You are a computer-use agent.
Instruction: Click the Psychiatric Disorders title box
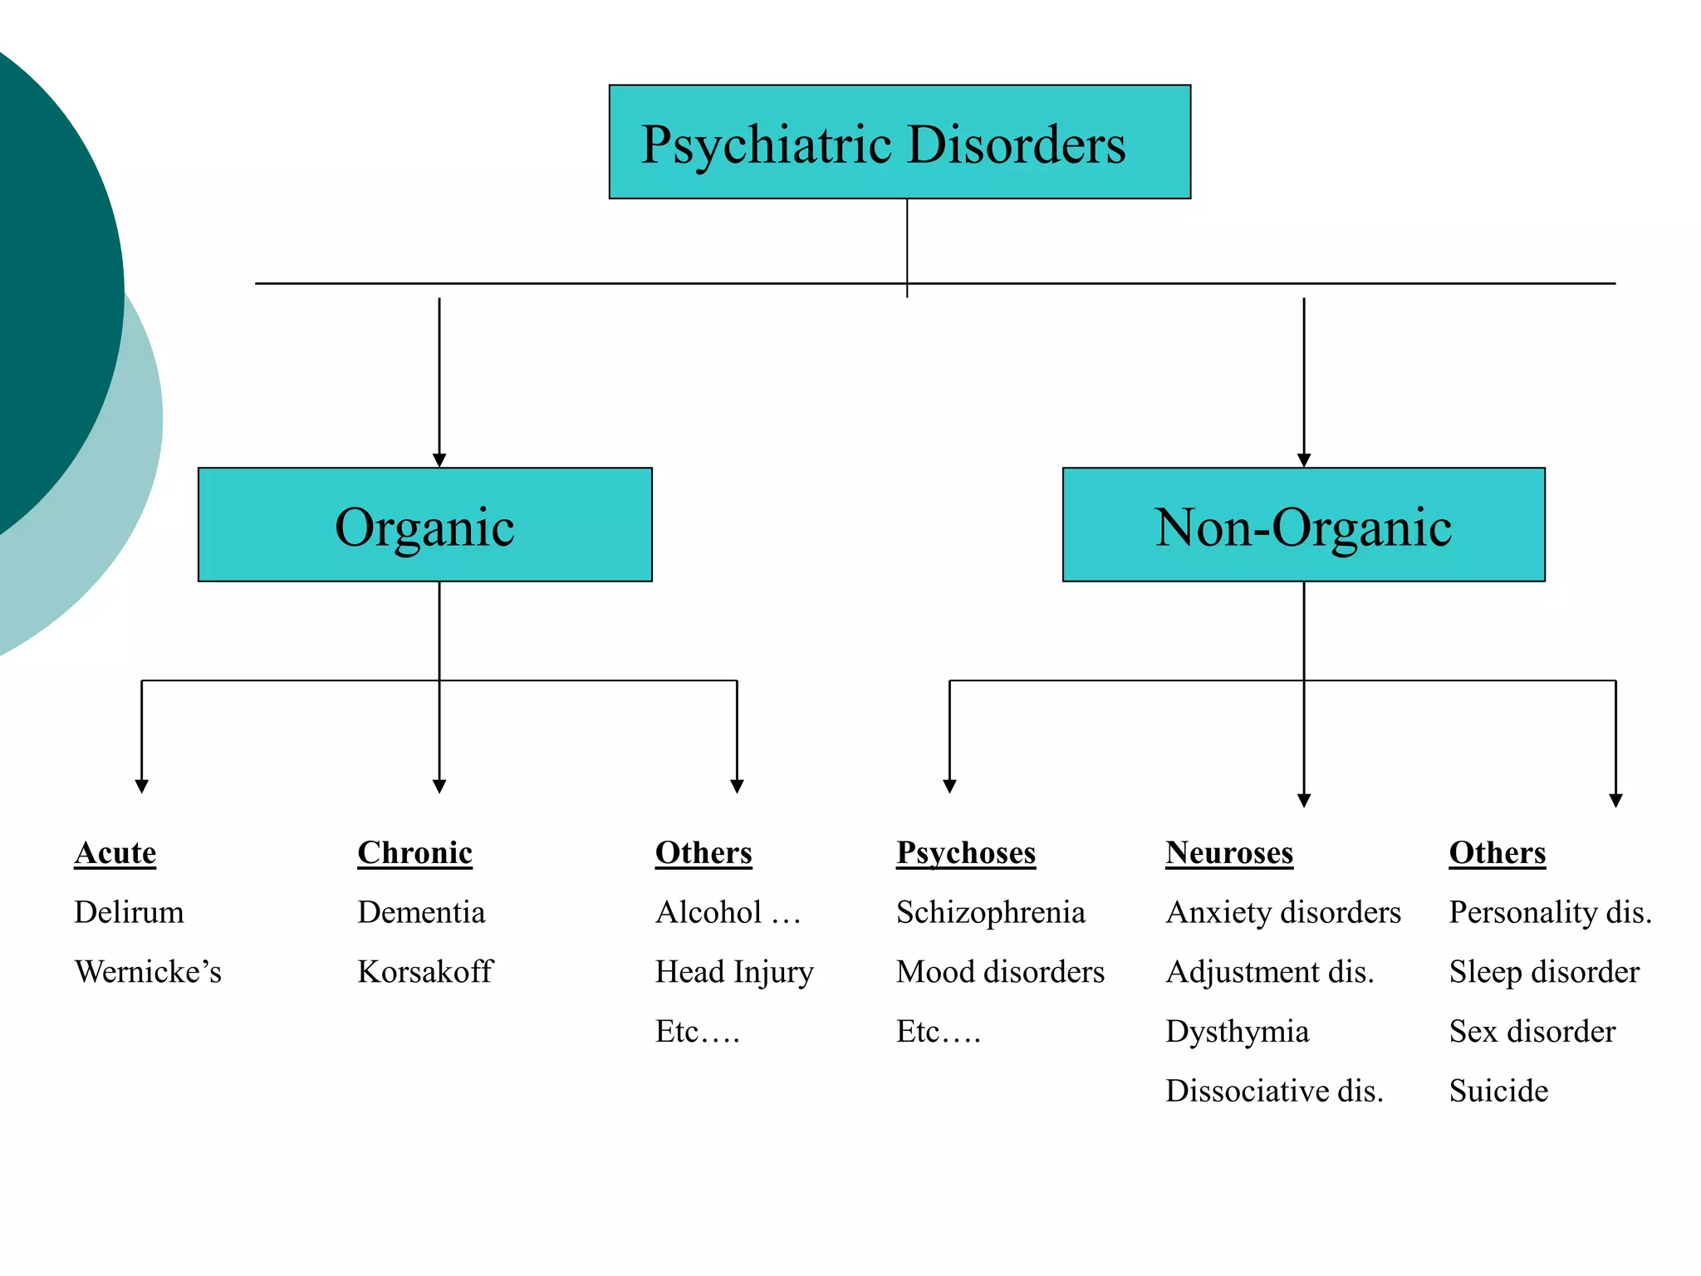click(x=900, y=142)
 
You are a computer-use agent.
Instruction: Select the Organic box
click(x=424, y=525)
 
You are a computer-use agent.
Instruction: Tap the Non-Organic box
click(x=1303, y=525)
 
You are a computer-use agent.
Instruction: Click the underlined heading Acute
click(x=115, y=853)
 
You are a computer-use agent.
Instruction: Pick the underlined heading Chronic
click(x=414, y=853)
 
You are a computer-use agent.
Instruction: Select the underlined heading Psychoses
click(x=966, y=853)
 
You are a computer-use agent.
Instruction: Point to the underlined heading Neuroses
click(x=1229, y=853)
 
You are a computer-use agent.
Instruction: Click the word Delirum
click(x=129, y=912)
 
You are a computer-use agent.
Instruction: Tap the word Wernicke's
click(x=148, y=972)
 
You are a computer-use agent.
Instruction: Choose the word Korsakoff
click(x=425, y=972)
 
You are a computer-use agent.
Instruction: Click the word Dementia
click(x=421, y=912)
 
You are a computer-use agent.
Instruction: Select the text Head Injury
click(x=734, y=972)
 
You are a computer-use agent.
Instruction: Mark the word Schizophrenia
click(x=991, y=912)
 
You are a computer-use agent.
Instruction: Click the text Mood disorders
click(x=1000, y=972)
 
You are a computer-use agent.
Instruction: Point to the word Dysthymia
click(x=1237, y=1032)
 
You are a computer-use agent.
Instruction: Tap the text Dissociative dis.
click(x=1274, y=1091)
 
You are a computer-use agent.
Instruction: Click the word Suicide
click(x=1498, y=1091)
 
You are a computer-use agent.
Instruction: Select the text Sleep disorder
click(x=1544, y=972)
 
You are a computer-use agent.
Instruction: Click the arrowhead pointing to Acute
click(x=142, y=786)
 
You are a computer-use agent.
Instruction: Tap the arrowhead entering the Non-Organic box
click(x=1304, y=460)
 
